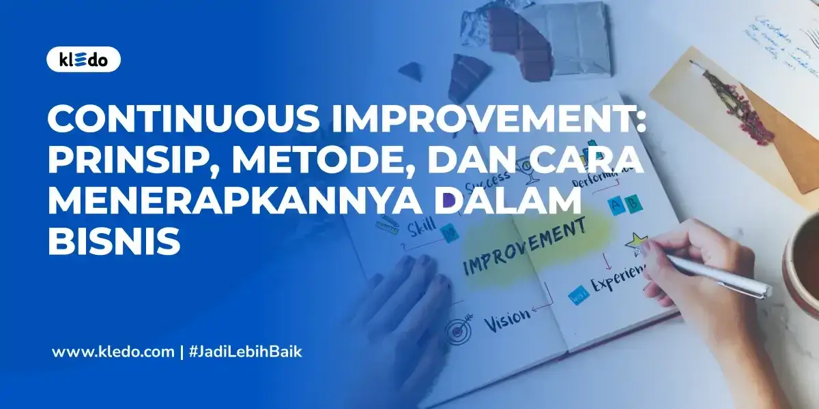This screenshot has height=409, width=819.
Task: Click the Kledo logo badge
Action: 83,59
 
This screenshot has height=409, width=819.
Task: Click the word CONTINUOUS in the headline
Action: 183,121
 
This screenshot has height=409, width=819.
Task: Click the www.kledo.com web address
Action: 113,352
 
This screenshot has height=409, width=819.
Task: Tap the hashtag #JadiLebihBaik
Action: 244,352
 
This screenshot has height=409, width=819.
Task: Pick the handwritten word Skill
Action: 421,228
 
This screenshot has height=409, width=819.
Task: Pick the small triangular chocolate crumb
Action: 410,70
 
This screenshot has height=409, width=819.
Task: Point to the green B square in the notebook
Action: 634,202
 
